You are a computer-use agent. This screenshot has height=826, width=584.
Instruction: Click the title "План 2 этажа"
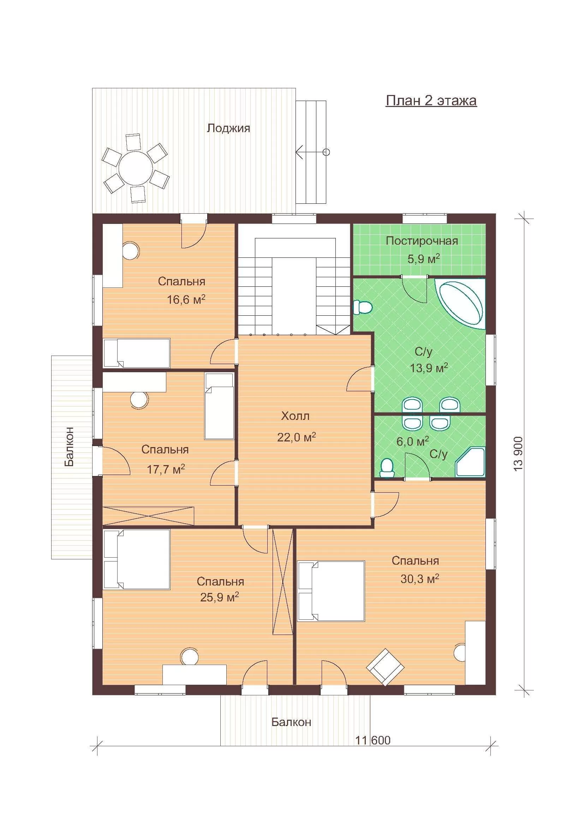431,101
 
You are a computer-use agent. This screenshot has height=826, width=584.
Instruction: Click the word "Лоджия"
228,128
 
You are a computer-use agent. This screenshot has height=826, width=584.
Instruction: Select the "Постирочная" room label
422,241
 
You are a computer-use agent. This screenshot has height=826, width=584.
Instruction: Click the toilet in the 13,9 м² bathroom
363,308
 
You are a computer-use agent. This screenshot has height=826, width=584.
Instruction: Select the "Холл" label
295,416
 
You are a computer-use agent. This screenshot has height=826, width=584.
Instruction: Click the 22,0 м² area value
296,437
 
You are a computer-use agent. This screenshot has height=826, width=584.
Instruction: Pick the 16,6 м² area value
186,299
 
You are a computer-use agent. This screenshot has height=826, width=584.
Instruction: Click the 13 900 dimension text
518,454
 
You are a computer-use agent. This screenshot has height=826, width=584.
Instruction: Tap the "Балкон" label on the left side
70,446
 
